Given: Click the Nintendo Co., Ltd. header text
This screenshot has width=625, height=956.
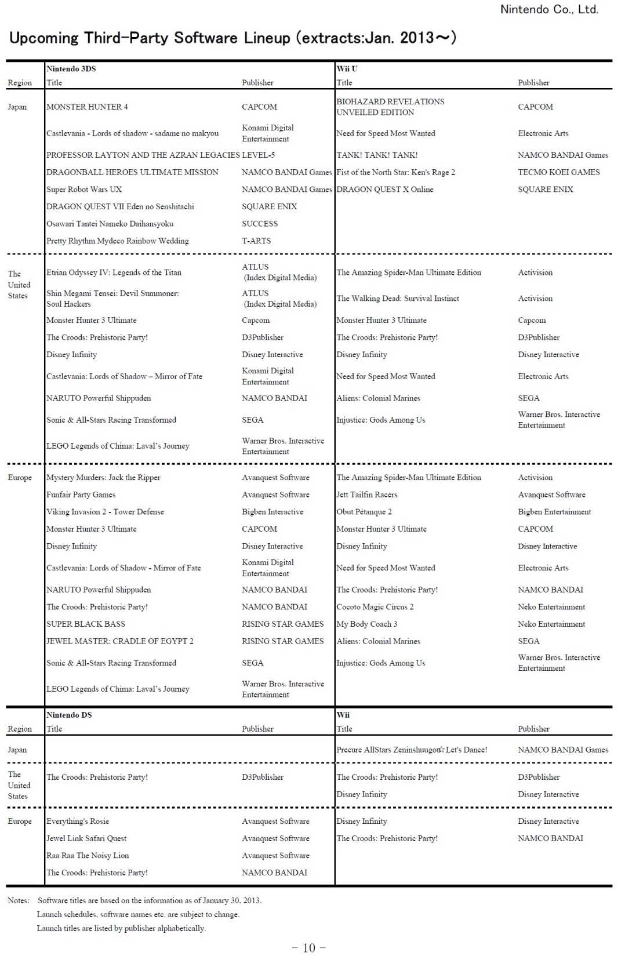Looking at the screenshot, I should (548, 9).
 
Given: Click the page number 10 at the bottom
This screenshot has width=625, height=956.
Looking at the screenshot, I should (308, 947).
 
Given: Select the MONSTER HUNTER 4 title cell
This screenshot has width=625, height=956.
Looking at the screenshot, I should (87, 107).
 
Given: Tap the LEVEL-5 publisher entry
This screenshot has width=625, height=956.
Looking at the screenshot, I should (259, 155).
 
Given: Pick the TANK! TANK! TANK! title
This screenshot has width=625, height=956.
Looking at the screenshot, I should (377, 155).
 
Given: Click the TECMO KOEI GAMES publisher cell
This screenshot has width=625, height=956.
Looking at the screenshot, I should (558, 172).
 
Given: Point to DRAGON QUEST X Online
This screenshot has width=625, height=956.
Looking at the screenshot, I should (384, 190).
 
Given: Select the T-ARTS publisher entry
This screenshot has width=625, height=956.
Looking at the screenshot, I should (256, 241).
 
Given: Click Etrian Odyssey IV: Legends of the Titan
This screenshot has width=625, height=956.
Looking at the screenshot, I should (114, 272).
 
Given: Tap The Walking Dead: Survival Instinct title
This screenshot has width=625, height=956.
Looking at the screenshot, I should (398, 299).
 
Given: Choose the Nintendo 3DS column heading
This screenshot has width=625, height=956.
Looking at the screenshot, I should (71, 68).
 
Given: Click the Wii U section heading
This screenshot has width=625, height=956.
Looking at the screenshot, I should (347, 68).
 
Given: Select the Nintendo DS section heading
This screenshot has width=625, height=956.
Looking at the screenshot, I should (69, 715).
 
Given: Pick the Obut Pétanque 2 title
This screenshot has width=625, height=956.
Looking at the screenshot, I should (364, 512).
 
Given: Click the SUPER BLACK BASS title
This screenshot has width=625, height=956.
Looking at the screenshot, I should (86, 624).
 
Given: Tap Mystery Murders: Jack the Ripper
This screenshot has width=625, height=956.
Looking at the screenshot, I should (103, 478).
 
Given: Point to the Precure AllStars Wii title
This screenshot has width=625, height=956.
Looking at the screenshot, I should (412, 750).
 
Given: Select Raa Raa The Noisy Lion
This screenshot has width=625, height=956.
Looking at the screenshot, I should (88, 856).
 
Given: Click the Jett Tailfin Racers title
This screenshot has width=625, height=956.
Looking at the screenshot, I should (366, 495).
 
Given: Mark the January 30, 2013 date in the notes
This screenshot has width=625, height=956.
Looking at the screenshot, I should (231, 900).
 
